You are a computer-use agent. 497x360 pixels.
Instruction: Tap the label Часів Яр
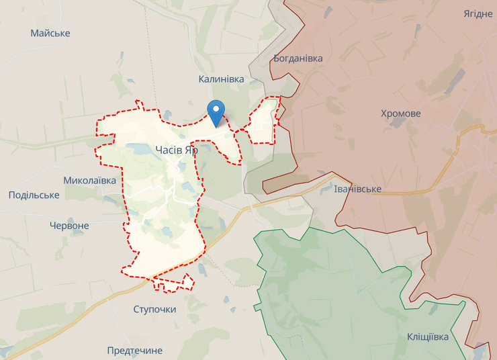pos(177,150)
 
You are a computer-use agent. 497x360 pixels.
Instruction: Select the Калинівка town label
pos(221,79)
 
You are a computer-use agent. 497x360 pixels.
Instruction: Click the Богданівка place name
pos(298,58)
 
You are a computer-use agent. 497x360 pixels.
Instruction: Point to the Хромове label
pos(400,114)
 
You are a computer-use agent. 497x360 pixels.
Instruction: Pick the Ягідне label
pos(478,14)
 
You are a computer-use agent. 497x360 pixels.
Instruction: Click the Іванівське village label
pos(357,189)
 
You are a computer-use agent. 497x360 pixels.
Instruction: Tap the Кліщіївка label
pos(428,336)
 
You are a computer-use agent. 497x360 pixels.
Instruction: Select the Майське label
pos(50,33)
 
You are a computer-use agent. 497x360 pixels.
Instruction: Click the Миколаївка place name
pos(89,180)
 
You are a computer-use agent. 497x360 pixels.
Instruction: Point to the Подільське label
pos(34,195)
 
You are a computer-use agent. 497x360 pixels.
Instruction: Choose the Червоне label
pos(69,226)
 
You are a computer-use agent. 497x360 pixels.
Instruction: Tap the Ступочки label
pos(154,309)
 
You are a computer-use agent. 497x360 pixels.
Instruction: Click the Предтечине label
pos(135,351)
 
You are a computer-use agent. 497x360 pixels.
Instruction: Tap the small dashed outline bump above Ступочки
pos(173,284)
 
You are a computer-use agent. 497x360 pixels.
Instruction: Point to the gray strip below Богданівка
pos(259,74)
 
